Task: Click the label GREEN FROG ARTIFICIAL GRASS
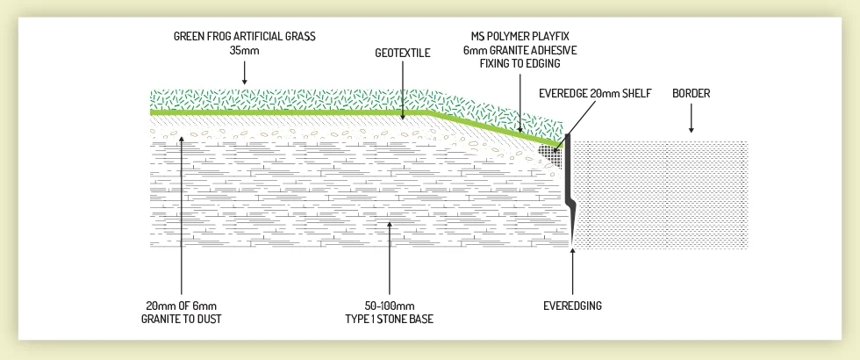click(x=244, y=38)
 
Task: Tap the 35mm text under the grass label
click(x=244, y=51)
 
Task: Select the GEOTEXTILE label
click(x=403, y=53)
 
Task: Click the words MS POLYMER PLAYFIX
click(x=520, y=38)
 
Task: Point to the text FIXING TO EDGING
click(x=520, y=63)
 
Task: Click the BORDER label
click(x=691, y=93)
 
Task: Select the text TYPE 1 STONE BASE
click(x=389, y=319)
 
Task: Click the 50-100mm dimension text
click(x=389, y=306)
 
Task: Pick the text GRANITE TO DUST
click(x=180, y=319)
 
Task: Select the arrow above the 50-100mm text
click(x=389, y=263)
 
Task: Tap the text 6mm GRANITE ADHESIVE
click(x=520, y=51)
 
